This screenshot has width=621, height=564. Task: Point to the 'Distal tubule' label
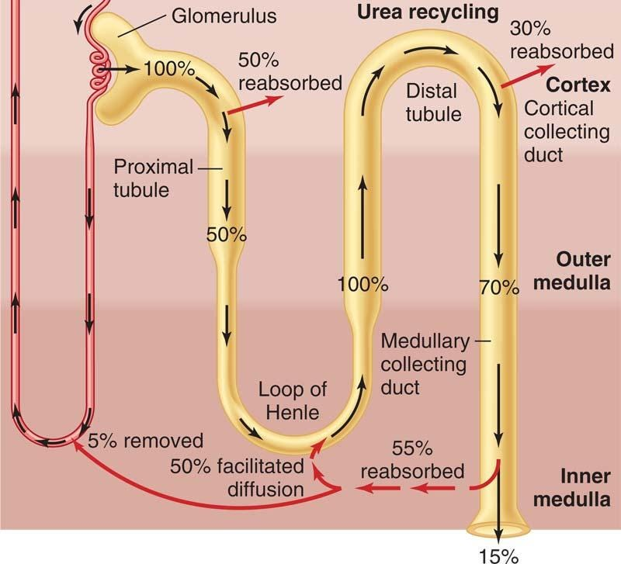(434, 102)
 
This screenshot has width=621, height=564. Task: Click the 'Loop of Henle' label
(293, 400)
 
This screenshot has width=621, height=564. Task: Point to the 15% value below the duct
(498, 555)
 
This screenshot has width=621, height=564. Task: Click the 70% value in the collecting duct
(499, 288)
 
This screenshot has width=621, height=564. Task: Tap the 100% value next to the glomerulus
(168, 69)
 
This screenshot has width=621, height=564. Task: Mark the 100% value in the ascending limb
(363, 283)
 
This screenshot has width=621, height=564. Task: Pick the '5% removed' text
(145, 441)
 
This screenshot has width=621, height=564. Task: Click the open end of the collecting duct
(498, 531)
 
